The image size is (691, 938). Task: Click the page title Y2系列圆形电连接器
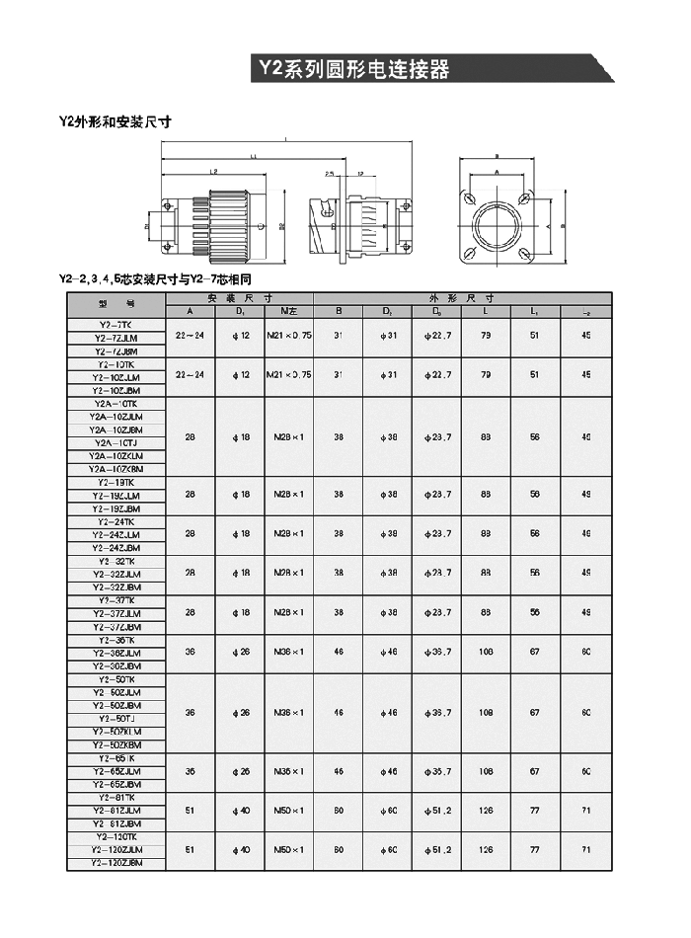[x=353, y=69]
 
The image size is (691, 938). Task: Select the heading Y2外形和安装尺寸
[x=115, y=122]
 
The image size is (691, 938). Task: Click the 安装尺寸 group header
[x=240, y=298]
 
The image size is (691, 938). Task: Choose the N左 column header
[x=288, y=312]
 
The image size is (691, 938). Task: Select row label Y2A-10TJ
[x=115, y=443]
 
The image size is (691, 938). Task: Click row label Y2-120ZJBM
[x=115, y=864]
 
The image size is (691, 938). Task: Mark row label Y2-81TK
[x=115, y=798]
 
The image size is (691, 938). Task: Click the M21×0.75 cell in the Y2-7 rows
[x=288, y=336]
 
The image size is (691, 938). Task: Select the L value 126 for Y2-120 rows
[x=486, y=850]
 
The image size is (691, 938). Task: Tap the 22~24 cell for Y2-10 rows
[x=191, y=375]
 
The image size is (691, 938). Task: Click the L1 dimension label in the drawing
[x=254, y=156]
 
